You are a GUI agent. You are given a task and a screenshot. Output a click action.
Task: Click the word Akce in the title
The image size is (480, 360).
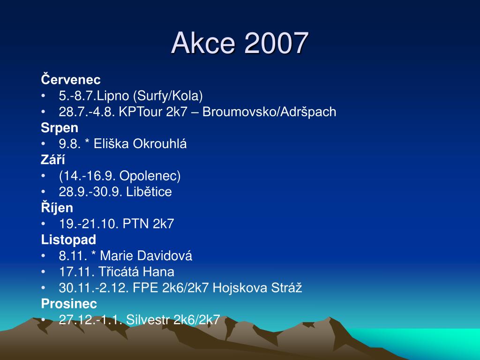pos(203,43)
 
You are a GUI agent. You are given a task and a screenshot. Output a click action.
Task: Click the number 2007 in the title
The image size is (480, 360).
pos(276,43)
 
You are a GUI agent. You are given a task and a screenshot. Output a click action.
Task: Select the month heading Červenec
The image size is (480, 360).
pos(71,79)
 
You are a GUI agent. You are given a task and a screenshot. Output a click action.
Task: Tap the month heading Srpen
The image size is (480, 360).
pos(60,128)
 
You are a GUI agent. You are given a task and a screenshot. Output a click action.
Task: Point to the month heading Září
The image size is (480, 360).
pos(53,159)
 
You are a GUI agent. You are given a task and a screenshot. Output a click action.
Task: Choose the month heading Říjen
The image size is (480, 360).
pos(57,207)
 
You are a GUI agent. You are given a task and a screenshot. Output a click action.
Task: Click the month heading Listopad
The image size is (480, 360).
pos(68,240)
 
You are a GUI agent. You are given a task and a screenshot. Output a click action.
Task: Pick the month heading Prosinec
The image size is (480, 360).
pos(69,304)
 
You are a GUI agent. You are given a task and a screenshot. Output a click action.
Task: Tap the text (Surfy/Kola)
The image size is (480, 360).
pos(168,96)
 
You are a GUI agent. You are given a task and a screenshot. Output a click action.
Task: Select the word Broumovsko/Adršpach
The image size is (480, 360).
pos(270,112)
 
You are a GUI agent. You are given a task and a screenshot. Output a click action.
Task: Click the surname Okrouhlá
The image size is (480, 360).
pos(159,143)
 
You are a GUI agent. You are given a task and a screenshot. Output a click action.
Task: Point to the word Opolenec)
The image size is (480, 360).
pos(150,176)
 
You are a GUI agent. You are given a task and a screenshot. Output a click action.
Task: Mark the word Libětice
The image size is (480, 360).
pos(149,192)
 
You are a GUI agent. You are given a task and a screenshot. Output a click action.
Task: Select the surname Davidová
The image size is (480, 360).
pos(165,255)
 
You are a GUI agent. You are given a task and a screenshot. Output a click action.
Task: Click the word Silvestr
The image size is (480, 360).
pos(148,320)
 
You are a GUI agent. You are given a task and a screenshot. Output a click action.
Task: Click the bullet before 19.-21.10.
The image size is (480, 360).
pos(43,224)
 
